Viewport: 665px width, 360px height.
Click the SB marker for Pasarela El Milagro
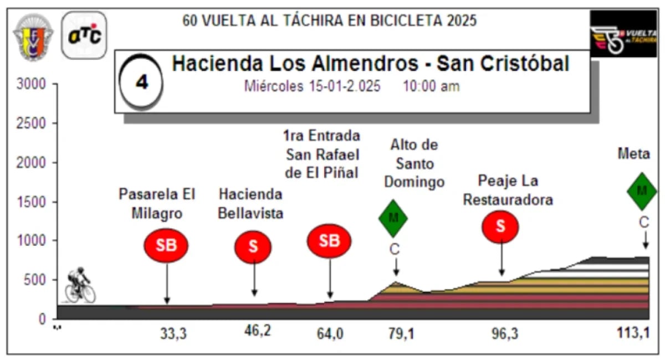tap(166, 245)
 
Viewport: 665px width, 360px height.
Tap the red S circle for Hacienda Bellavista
tap(253, 246)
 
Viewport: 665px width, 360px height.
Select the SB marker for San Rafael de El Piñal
tap(330, 240)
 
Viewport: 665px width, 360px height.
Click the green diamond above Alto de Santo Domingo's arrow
tap(393, 218)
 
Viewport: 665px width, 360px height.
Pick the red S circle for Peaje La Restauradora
tap(500, 227)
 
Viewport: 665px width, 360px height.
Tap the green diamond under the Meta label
tap(642, 191)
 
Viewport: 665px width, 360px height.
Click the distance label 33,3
tap(172, 334)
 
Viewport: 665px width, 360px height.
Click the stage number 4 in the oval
tap(142, 83)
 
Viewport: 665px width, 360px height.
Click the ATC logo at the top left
tap(84, 35)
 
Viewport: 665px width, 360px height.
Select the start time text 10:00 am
tap(431, 87)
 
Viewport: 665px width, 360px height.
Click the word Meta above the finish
tap(633, 155)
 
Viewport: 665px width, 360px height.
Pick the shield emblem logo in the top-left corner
tap(33, 37)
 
